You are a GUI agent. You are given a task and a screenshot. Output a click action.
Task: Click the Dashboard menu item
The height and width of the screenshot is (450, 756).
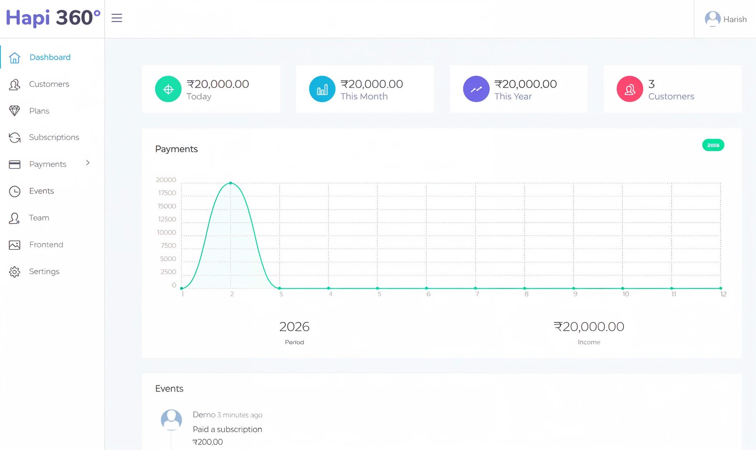tap(50, 57)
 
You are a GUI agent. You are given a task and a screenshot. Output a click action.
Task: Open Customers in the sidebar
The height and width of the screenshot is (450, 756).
tap(49, 84)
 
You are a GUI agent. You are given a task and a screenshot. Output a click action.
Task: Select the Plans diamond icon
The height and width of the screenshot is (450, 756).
tap(15, 111)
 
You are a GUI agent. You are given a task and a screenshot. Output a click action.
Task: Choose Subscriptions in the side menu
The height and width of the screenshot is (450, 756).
tap(54, 137)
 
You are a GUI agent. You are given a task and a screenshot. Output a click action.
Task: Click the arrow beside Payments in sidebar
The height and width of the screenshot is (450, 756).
tap(88, 163)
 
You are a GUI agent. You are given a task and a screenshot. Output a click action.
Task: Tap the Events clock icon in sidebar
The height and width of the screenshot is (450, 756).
tap(15, 191)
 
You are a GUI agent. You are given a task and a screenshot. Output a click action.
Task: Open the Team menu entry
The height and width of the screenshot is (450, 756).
tap(39, 218)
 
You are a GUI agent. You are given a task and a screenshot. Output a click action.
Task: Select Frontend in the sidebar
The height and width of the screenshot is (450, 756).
tap(46, 244)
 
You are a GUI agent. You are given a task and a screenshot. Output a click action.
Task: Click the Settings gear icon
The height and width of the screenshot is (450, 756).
tap(15, 272)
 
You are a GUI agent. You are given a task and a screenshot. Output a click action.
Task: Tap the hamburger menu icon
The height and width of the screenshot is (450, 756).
tap(117, 18)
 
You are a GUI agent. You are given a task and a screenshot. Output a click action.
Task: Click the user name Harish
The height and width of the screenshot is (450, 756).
tap(735, 19)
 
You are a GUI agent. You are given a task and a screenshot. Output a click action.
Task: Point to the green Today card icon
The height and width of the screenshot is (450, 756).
tap(168, 89)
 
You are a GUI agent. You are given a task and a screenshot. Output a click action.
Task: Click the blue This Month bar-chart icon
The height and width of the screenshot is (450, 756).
tap(322, 89)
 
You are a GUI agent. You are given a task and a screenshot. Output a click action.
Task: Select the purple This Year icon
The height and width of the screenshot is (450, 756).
tap(476, 89)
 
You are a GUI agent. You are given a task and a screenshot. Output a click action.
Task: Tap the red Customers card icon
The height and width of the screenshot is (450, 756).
tap(630, 89)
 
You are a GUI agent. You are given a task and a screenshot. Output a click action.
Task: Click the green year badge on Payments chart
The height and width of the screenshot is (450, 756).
tap(713, 145)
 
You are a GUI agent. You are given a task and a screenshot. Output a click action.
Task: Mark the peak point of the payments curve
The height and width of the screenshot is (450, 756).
tap(231, 183)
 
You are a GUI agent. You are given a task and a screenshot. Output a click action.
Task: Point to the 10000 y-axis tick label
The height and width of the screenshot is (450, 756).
tap(166, 233)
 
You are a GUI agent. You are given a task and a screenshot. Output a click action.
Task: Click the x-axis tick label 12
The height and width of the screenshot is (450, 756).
tap(723, 294)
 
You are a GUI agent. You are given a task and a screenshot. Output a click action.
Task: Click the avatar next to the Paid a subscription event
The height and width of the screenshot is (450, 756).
tap(172, 419)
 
